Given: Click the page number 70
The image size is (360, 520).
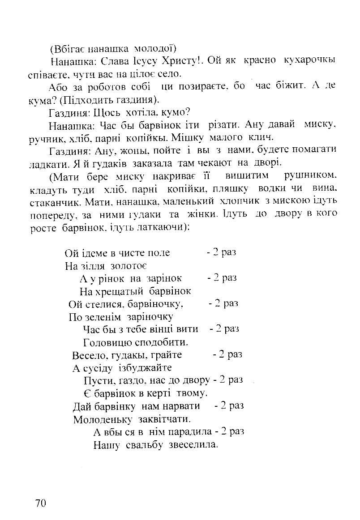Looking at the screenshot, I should [x=40, y=503].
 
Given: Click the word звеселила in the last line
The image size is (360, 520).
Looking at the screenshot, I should [x=193, y=445].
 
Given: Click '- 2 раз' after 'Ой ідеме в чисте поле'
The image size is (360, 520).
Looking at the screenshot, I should [x=221, y=252].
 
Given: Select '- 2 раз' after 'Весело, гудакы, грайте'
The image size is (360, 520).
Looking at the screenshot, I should [x=227, y=354].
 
